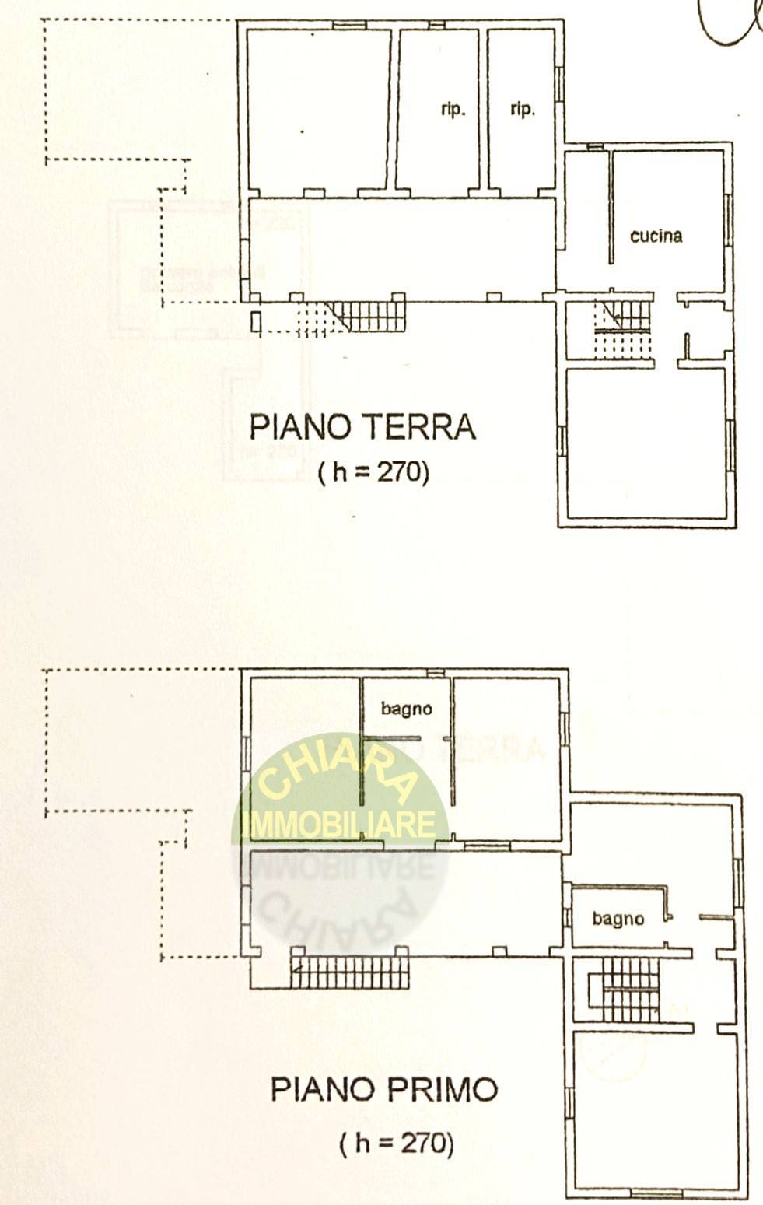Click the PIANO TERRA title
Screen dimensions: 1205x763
(362, 427)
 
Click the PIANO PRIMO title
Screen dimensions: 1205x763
(383, 1089)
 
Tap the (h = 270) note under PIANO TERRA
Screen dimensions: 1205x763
(373, 471)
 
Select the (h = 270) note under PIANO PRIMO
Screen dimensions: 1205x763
(396, 1143)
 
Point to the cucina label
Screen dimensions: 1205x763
(656, 236)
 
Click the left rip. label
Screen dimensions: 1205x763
(453, 110)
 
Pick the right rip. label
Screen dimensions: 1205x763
(522, 109)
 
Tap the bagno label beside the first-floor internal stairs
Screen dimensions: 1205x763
(618, 919)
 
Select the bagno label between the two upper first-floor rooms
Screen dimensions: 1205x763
(406, 708)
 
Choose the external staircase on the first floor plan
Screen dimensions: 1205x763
(348, 972)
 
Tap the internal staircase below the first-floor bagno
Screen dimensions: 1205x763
(628, 990)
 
